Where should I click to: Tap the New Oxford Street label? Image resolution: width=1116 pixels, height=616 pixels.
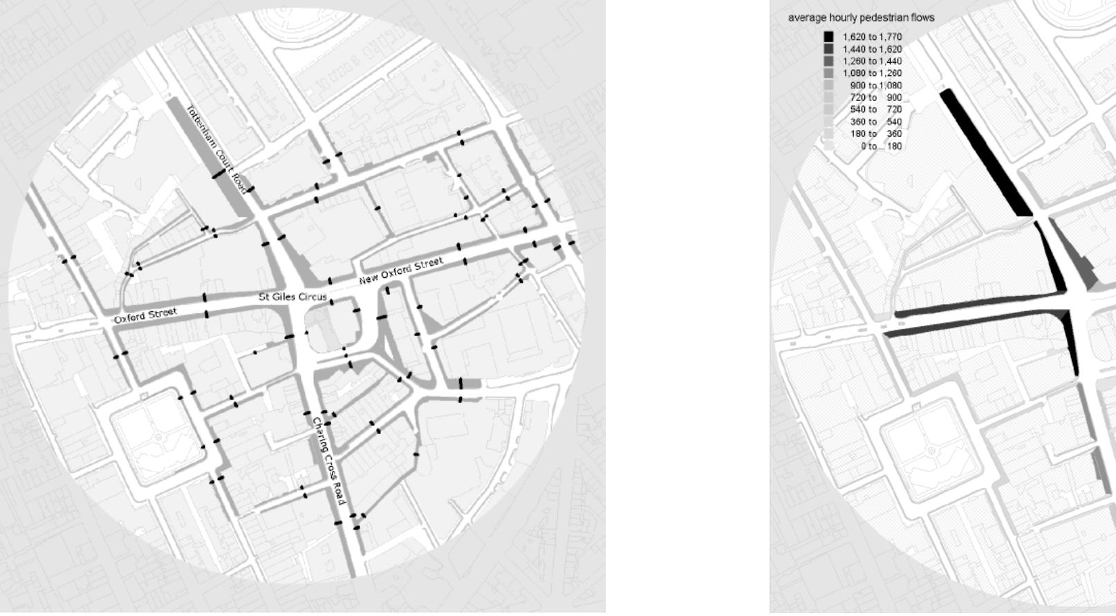click(401, 270)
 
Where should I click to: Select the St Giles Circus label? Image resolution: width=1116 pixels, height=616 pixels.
click(292, 297)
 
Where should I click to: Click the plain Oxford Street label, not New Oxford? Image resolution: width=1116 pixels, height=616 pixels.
click(145, 316)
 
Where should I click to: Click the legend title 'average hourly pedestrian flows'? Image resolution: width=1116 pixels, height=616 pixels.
click(861, 18)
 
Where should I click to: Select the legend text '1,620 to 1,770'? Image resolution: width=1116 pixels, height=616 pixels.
click(872, 37)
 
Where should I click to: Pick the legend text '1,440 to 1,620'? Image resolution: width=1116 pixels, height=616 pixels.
click(872, 50)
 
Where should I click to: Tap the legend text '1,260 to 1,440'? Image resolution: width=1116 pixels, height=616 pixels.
click(872, 62)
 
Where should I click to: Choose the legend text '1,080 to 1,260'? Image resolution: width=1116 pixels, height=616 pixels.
click(872, 73)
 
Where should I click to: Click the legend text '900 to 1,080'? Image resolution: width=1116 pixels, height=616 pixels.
click(875, 86)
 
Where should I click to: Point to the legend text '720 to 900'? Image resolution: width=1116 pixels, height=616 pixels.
click(875, 98)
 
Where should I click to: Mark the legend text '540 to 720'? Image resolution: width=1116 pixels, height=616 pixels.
click(875, 110)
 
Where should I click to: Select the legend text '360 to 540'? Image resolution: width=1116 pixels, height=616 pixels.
click(875, 122)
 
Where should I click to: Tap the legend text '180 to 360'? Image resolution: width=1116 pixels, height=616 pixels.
click(875, 134)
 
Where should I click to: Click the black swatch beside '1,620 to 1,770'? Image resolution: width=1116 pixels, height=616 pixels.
click(828, 37)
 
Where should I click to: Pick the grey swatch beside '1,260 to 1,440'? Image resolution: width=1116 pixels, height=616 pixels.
click(828, 62)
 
